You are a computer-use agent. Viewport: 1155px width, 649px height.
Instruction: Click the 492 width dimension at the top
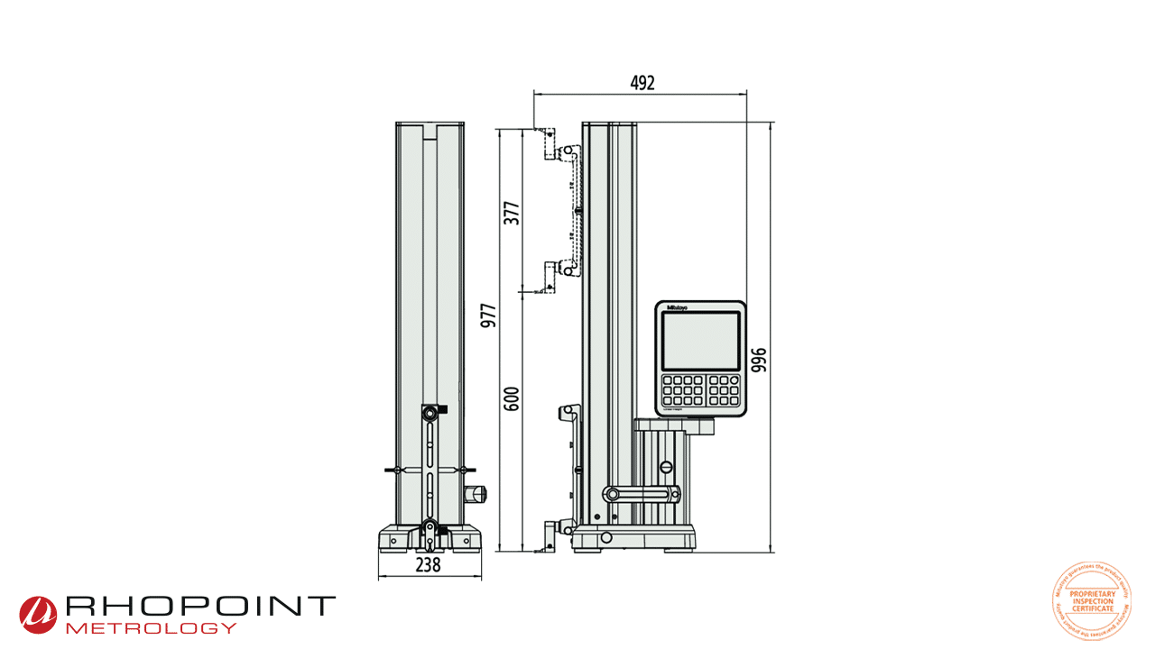pyautogui.click(x=642, y=83)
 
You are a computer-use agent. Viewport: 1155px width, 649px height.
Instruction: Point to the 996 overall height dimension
pyautogui.click(x=759, y=359)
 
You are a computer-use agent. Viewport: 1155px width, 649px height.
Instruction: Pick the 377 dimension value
pyautogui.click(x=512, y=213)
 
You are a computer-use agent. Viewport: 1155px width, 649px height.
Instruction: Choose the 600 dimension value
pyautogui.click(x=512, y=398)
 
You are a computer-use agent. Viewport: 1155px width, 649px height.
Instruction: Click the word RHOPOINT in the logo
pyautogui.click(x=199, y=607)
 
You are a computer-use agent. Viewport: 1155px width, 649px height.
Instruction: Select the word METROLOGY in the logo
pyautogui.click(x=152, y=627)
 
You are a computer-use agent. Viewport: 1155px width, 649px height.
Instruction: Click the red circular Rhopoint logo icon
pyautogui.click(x=38, y=614)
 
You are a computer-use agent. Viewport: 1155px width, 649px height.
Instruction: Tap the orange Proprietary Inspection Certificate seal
pyautogui.click(x=1092, y=601)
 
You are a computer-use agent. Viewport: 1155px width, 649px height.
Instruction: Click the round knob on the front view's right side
pyautogui.click(x=476, y=494)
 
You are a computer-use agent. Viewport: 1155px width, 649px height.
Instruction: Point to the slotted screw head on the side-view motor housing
pyautogui.click(x=666, y=467)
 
